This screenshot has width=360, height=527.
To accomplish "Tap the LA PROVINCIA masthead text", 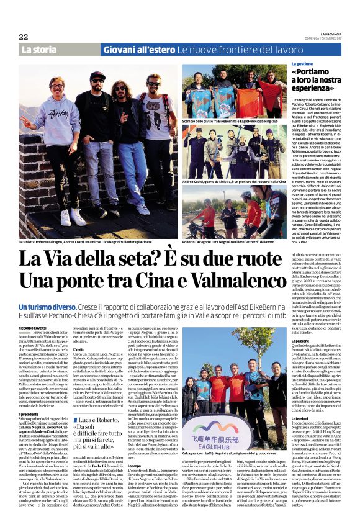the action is (329, 34).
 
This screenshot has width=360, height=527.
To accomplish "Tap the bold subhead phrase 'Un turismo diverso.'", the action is (45, 307).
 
